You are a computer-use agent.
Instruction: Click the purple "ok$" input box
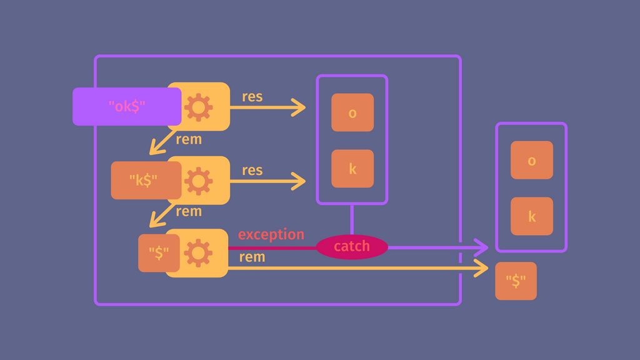click(127, 106)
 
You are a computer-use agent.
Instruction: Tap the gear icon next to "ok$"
click(198, 107)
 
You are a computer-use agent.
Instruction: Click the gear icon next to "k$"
click(198, 181)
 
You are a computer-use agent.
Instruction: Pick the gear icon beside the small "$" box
click(198, 253)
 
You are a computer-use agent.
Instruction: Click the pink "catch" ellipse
click(352, 246)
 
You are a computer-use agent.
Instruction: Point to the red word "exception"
click(271, 234)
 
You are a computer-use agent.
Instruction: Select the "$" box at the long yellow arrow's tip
click(516, 281)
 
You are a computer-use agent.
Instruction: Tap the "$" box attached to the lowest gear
click(159, 253)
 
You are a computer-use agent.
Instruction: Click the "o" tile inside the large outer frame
click(352, 112)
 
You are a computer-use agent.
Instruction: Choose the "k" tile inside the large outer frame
click(352, 169)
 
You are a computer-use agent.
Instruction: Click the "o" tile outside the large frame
click(531, 160)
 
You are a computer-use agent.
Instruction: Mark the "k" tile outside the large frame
click(531, 216)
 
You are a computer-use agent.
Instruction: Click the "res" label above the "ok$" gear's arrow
click(252, 97)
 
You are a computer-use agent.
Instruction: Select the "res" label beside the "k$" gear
click(252, 171)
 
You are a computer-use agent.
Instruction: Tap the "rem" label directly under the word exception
click(252, 257)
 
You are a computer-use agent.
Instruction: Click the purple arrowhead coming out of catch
click(481, 247)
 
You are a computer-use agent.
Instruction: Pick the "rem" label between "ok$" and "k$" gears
click(188, 139)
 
